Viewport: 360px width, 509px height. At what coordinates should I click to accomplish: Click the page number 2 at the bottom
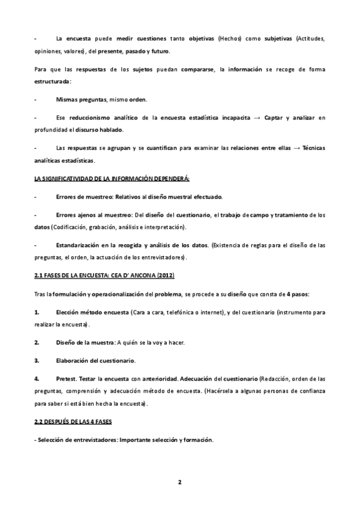[x=179, y=482]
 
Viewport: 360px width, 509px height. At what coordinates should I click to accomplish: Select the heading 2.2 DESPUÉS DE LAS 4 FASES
[x=73, y=423]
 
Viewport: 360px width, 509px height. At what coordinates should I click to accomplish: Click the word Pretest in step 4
[x=67, y=379]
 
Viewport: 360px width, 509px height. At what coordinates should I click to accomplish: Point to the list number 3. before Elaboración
[x=37, y=361]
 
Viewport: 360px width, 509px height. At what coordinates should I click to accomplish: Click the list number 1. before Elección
[x=37, y=313]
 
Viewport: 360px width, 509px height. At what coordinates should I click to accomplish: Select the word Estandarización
[x=78, y=245]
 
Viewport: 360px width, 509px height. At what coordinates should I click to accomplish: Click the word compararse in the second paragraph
[x=199, y=70]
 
